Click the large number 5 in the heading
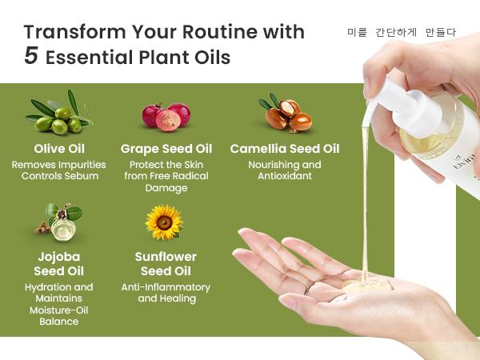click(31, 56)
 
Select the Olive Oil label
click(59, 149)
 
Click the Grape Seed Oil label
click(166, 149)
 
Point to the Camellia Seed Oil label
click(285, 149)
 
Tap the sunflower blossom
click(164, 222)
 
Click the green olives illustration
click(58, 114)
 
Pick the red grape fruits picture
click(166, 117)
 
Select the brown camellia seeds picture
click(286, 114)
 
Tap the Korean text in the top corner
click(402, 32)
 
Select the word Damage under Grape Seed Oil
click(166, 188)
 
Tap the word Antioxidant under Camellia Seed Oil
click(285, 176)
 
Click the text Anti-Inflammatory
click(166, 287)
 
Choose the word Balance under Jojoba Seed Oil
click(58, 322)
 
